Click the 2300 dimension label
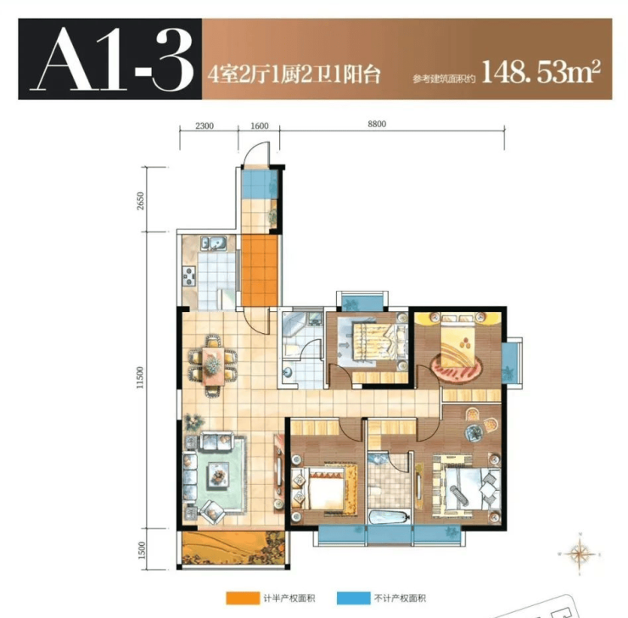click(x=205, y=125)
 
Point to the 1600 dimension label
click(x=259, y=125)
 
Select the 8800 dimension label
click(x=377, y=124)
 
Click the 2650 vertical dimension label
click(x=140, y=201)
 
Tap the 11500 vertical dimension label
click(x=139, y=377)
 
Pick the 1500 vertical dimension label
click(x=141, y=551)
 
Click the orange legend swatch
click(x=243, y=598)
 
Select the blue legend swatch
click(x=353, y=598)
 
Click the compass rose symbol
click(x=579, y=554)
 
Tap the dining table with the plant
click(x=213, y=365)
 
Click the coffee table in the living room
click(x=218, y=475)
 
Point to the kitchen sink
click(x=214, y=242)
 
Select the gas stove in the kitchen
click(x=189, y=276)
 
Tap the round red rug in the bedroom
click(x=456, y=367)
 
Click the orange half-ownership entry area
click(x=260, y=270)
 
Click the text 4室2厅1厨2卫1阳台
click(x=294, y=75)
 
